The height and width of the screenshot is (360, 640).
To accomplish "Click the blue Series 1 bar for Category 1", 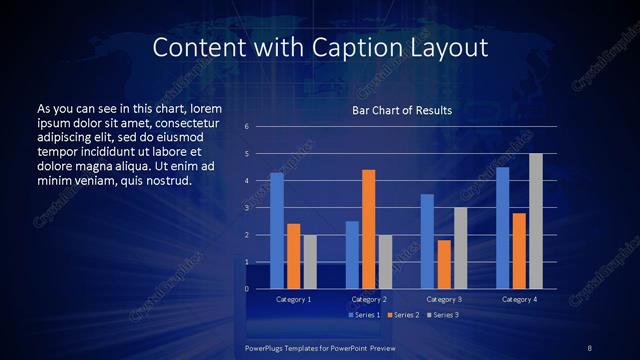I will [277, 231].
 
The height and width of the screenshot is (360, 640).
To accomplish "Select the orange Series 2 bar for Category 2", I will [368, 229].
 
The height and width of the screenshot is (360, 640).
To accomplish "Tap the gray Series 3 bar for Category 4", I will [536, 221].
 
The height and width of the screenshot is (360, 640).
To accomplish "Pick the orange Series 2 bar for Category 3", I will [444, 264].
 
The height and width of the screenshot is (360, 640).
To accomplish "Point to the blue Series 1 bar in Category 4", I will [502, 228].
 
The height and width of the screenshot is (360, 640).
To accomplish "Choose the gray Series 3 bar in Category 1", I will [310, 262].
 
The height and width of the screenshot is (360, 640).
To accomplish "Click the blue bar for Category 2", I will [352, 255].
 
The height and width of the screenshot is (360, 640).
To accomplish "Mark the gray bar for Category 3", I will [460, 248].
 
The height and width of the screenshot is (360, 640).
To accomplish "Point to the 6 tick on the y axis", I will [246, 127].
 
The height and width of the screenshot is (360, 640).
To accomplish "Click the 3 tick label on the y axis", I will [246, 208].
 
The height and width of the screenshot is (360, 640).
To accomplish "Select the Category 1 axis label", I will [293, 299].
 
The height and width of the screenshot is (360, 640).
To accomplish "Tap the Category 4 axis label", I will [518, 299].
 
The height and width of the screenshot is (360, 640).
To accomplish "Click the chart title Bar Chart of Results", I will [401, 110].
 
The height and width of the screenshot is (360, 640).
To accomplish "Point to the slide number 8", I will [590, 347].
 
